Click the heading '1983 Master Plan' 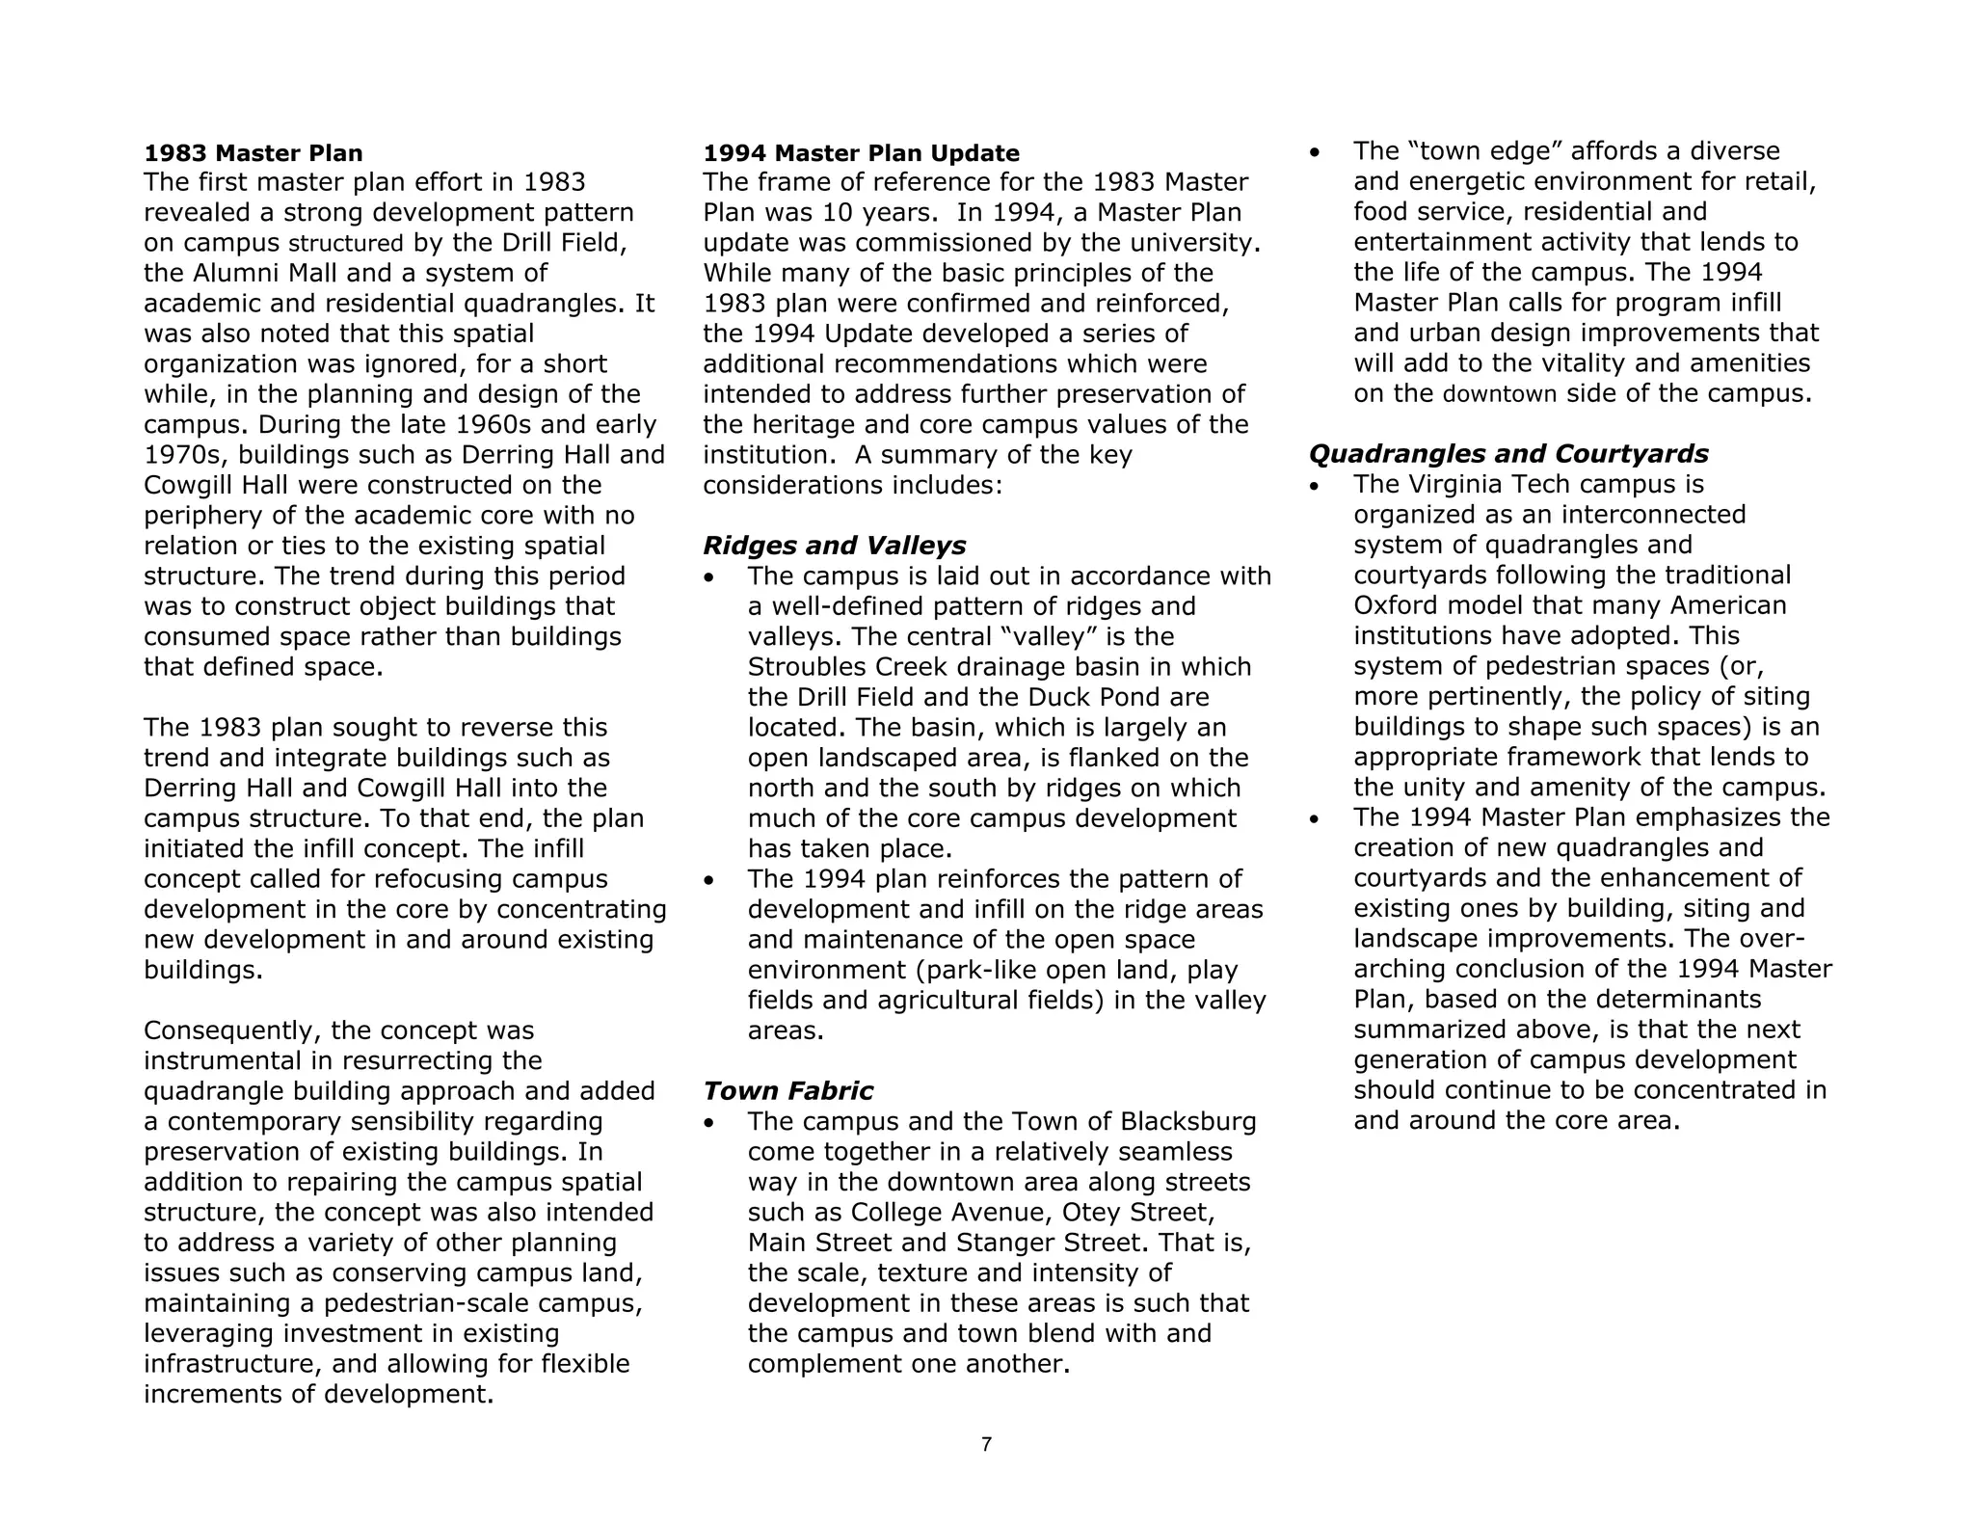click(x=253, y=153)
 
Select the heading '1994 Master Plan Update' click(x=861, y=153)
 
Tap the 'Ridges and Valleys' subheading click(x=834, y=546)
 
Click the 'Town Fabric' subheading click(x=787, y=1091)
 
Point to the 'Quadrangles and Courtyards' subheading click(x=1508, y=454)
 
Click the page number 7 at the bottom click(x=986, y=1444)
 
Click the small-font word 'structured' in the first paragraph click(x=346, y=243)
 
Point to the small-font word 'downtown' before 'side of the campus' click(x=1499, y=394)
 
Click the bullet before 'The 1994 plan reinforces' click(x=709, y=880)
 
